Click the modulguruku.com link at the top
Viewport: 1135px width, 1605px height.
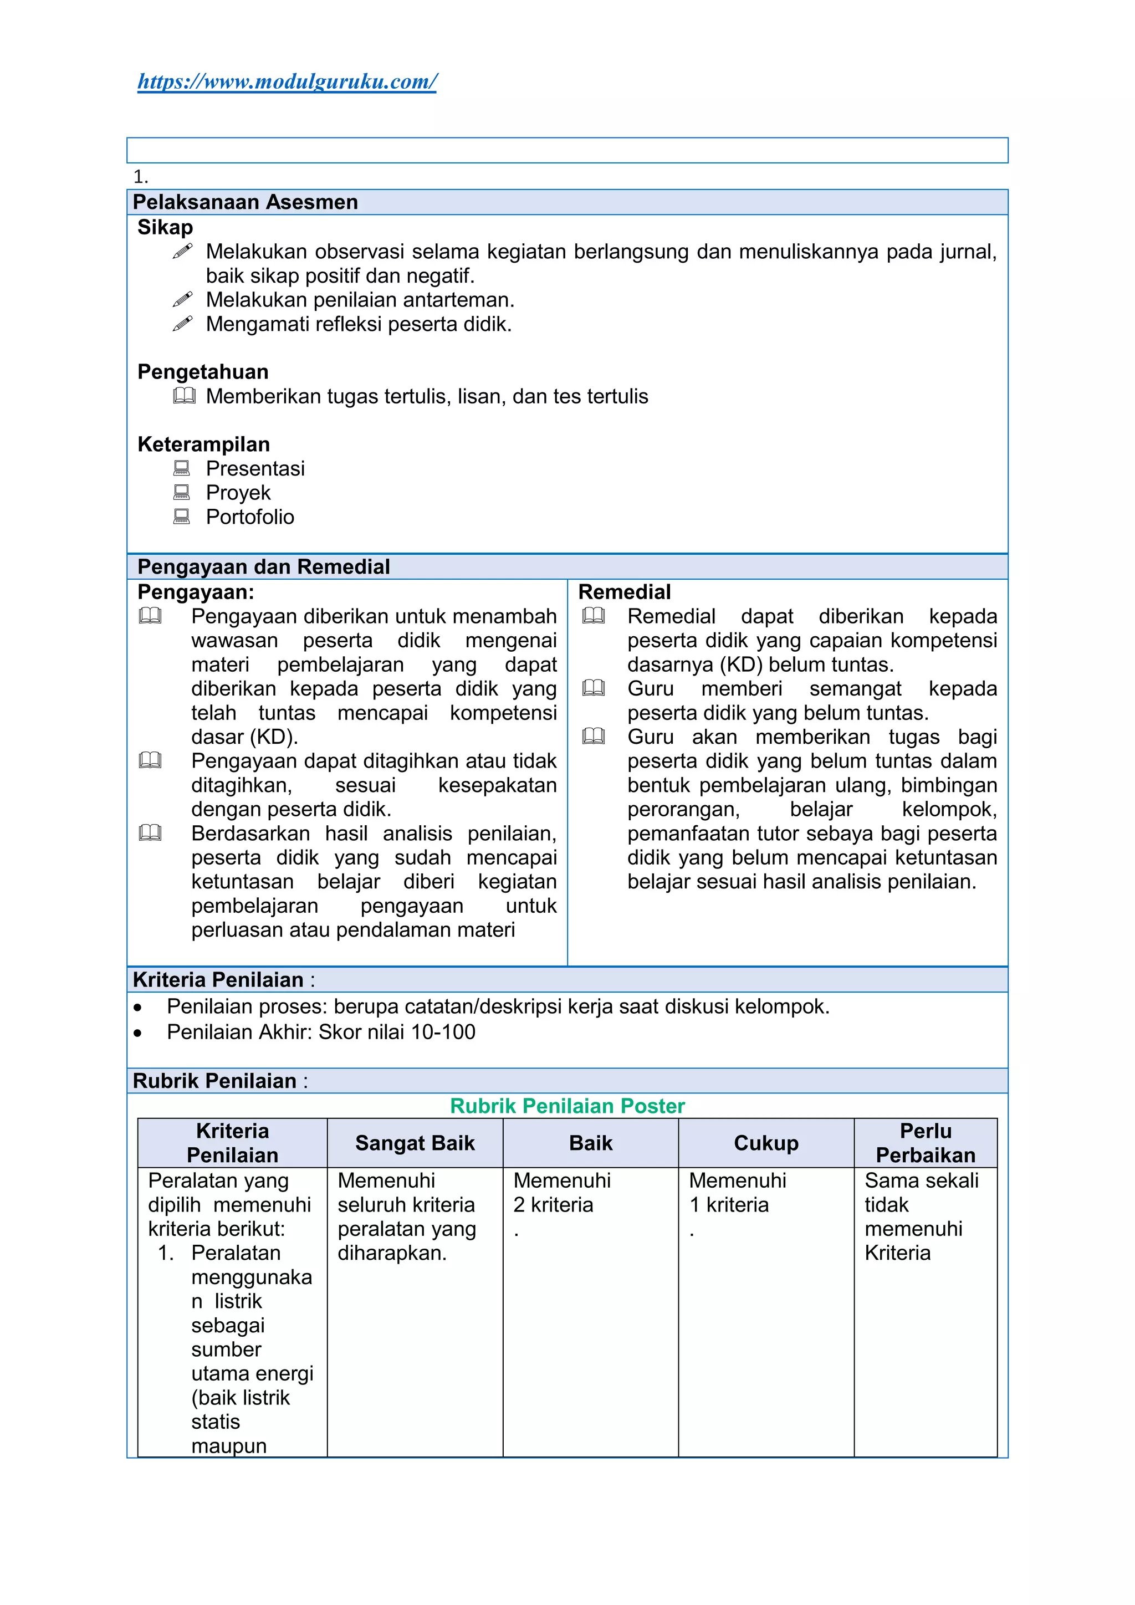click(287, 82)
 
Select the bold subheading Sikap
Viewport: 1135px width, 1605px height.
click(165, 227)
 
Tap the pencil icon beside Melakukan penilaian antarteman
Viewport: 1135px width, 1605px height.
click(182, 300)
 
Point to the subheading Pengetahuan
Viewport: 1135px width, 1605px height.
click(203, 372)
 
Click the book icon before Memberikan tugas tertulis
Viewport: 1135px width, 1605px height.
click(184, 396)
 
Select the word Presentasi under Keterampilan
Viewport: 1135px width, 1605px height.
click(255, 468)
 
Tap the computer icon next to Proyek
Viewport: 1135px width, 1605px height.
click(182, 493)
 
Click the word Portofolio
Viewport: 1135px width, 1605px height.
click(249, 517)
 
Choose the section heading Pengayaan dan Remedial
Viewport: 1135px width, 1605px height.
click(263, 567)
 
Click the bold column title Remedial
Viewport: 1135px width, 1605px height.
click(624, 592)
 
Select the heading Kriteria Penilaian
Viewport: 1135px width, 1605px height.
click(218, 980)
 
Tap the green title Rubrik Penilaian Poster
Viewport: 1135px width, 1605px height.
click(567, 1106)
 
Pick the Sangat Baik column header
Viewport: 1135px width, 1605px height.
click(415, 1143)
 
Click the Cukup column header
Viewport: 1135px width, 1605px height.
click(765, 1143)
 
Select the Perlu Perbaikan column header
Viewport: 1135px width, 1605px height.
click(926, 1143)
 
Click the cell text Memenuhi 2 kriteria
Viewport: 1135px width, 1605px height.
click(561, 1193)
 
